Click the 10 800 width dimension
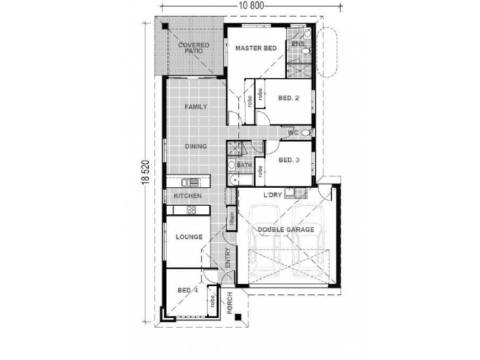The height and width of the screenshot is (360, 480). point(251,6)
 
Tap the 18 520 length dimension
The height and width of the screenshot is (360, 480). point(146,172)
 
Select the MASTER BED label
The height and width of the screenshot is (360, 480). point(256,48)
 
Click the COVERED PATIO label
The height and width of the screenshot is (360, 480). point(194,48)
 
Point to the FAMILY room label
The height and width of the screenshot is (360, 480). point(196,107)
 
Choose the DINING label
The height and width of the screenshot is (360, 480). point(196,146)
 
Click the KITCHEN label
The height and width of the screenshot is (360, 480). point(188,196)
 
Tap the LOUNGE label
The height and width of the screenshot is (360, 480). point(189,237)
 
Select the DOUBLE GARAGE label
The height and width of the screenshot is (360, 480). point(286,230)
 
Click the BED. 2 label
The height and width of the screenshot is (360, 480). point(289,98)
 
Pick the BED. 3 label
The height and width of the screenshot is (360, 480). point(289,160)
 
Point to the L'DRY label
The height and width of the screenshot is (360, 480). point(273,195)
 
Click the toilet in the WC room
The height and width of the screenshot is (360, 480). point(307,133)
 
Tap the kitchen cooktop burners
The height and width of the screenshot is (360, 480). point(191,210)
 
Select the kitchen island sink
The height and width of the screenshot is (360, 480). point(190,182)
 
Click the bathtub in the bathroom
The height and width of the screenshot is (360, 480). point(241,180)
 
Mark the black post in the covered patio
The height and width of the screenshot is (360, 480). point(165,26)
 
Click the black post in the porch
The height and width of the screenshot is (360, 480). point(238,317)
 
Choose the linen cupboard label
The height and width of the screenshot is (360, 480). point(232,218)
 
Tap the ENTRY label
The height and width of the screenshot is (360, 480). point(228,258)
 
